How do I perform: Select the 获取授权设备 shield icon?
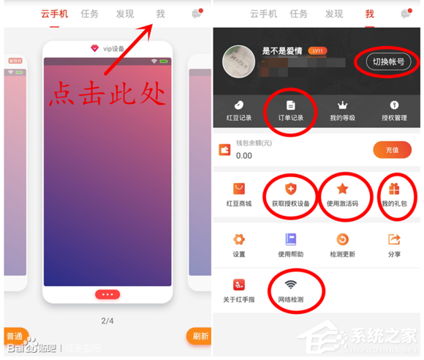290,189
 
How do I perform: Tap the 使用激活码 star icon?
342,189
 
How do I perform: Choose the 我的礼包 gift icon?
395,189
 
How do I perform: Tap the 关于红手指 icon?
238,285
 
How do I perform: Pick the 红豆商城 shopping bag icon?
238,189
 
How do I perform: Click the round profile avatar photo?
238,61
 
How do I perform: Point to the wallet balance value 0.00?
243,155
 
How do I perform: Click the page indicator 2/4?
107,320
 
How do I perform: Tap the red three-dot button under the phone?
107,294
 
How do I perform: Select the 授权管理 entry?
394,110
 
